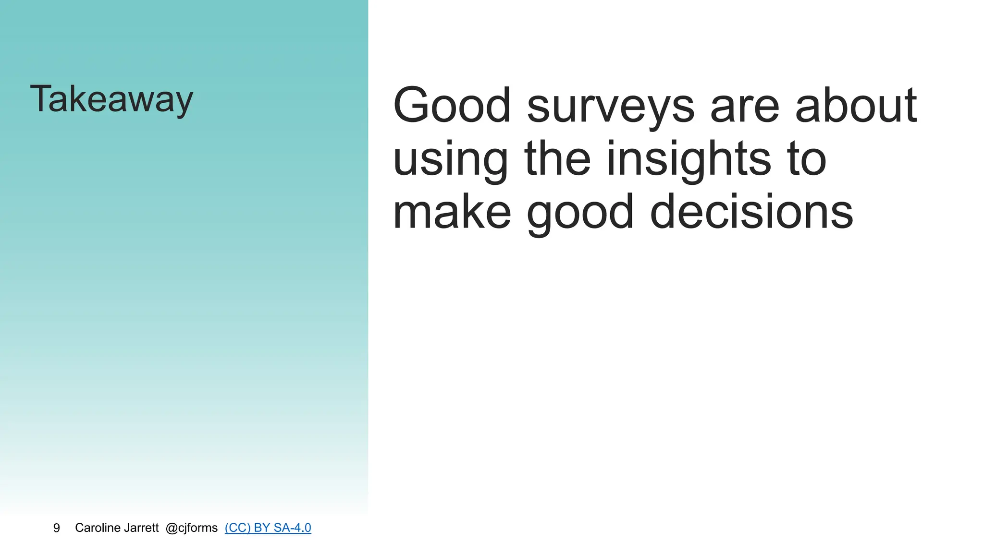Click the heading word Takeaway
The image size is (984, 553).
[111, 99]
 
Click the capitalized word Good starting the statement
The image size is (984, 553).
[452, 105]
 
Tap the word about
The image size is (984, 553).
[856, 105]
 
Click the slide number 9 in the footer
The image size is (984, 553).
[57, 528]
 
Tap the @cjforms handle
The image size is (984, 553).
[191, 528]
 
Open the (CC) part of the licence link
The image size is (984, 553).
[237, 528]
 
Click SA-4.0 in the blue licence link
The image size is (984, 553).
[292, 528]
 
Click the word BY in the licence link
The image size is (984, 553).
[262, 528]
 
